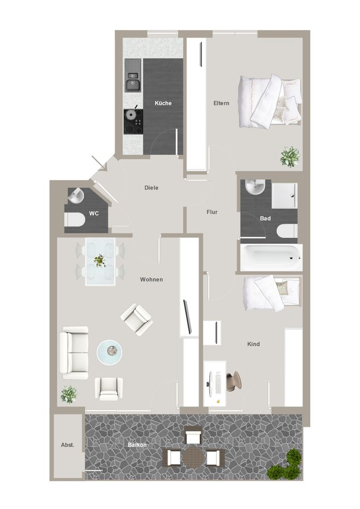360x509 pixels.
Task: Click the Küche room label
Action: pyautogui.click(x=163, y=103)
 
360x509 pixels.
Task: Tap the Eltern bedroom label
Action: pyautogui.click(x=222, y=103)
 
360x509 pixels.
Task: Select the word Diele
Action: pyautogui.click(x=151, y=188)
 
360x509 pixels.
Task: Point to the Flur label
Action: pyautogui.click(x=212, y=212)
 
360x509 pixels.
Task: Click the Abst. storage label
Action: pyautogui.click(x=67, y=445)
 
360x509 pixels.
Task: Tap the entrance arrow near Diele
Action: pyautogui.click(x=99, y=163)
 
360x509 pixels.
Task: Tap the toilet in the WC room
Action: pyautogui.click(x=75, y=220)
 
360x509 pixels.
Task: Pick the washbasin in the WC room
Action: pyautogui.click(x=76, y=196)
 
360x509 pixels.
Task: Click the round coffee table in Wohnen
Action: pyautogui.click(x=110, y=352)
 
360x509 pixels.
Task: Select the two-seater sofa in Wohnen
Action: pyautogui.click(x=74, y=353)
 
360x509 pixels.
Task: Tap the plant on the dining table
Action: pyautogui.click(x=100, y=261)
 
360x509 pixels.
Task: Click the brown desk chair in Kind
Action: pyautogui.click(x=233, y=381)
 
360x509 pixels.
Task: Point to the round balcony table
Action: pyautogui.click(x=192, y=457)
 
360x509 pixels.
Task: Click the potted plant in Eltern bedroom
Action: pyautogui.click(x=290, y=157)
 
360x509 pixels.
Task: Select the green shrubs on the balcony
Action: pyautogui.click(x=285, y=464)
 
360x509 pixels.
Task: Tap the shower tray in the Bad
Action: pyautogui.click(x=284, y=196)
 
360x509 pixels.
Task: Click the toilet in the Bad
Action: pyautogui.click(x=287, y=231)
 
